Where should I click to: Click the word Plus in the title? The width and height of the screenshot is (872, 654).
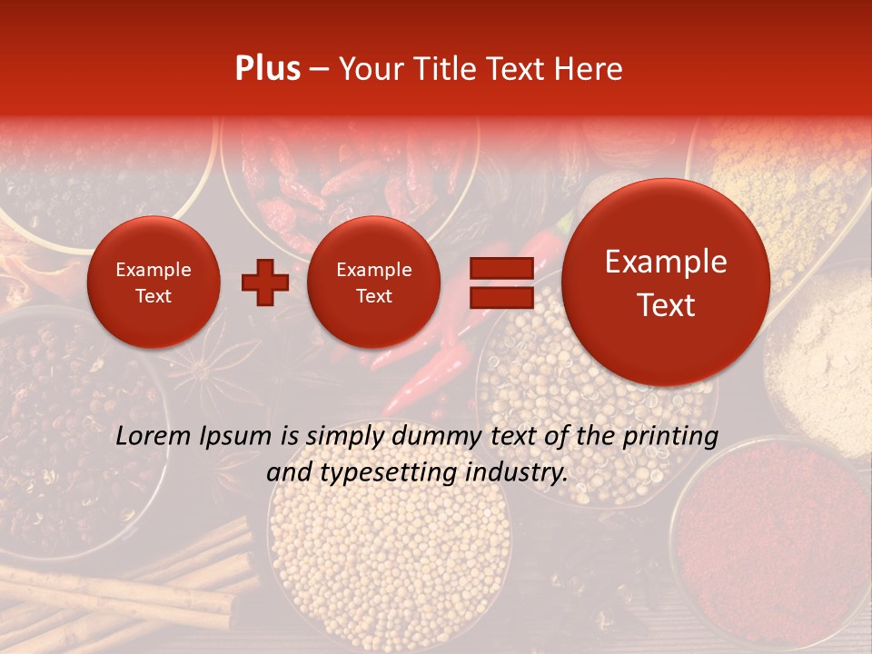[x=267, y=69]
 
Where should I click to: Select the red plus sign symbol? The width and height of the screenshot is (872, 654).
[x=265, y=282]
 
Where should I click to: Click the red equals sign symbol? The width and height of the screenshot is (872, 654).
[x=500, y=282]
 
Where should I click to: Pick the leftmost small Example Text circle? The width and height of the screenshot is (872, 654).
[x=153, y=282]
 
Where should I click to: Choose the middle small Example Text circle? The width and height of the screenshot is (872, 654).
[x=373, y=282]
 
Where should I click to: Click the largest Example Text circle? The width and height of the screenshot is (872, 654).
[x=666, y=282]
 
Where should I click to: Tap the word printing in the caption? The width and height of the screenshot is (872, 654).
[x=669, y=437]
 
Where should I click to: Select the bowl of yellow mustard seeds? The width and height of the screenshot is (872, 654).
[x=391, y=563]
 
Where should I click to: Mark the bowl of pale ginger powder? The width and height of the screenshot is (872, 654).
[x=822, y=354]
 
